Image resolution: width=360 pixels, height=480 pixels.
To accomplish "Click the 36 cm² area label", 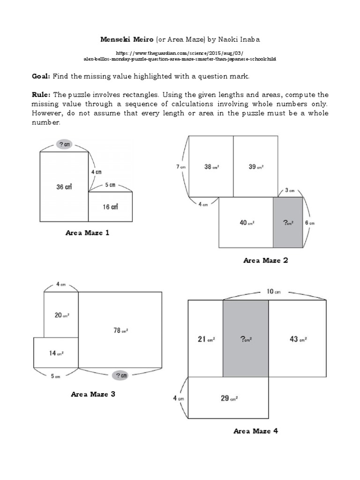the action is pos(64,186).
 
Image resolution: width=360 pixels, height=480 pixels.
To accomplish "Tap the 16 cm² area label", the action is pos(111,206).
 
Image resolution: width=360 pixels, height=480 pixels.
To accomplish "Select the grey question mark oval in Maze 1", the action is pos(64,145).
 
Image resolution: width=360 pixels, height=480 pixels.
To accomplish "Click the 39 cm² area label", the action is pos(256,166).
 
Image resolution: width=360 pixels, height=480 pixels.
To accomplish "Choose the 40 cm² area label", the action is pos(246,223).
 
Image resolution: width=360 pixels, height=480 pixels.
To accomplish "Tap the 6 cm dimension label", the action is pos(310,223).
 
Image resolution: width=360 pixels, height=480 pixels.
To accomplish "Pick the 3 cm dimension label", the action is pos(289,190).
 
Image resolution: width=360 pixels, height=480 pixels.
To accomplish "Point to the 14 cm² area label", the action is pos(56,353).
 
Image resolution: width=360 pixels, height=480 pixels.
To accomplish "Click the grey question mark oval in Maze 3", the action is pos(120,375).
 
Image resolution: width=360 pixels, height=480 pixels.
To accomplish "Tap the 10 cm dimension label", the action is pos(273,291).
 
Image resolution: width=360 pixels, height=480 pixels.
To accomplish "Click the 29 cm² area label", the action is pos(228,398).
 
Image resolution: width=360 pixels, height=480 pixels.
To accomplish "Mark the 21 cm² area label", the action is pos(205,338).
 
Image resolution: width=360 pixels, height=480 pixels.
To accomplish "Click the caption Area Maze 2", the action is pos(265,261).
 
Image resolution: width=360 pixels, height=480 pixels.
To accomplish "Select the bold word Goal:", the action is pos(41,76).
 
